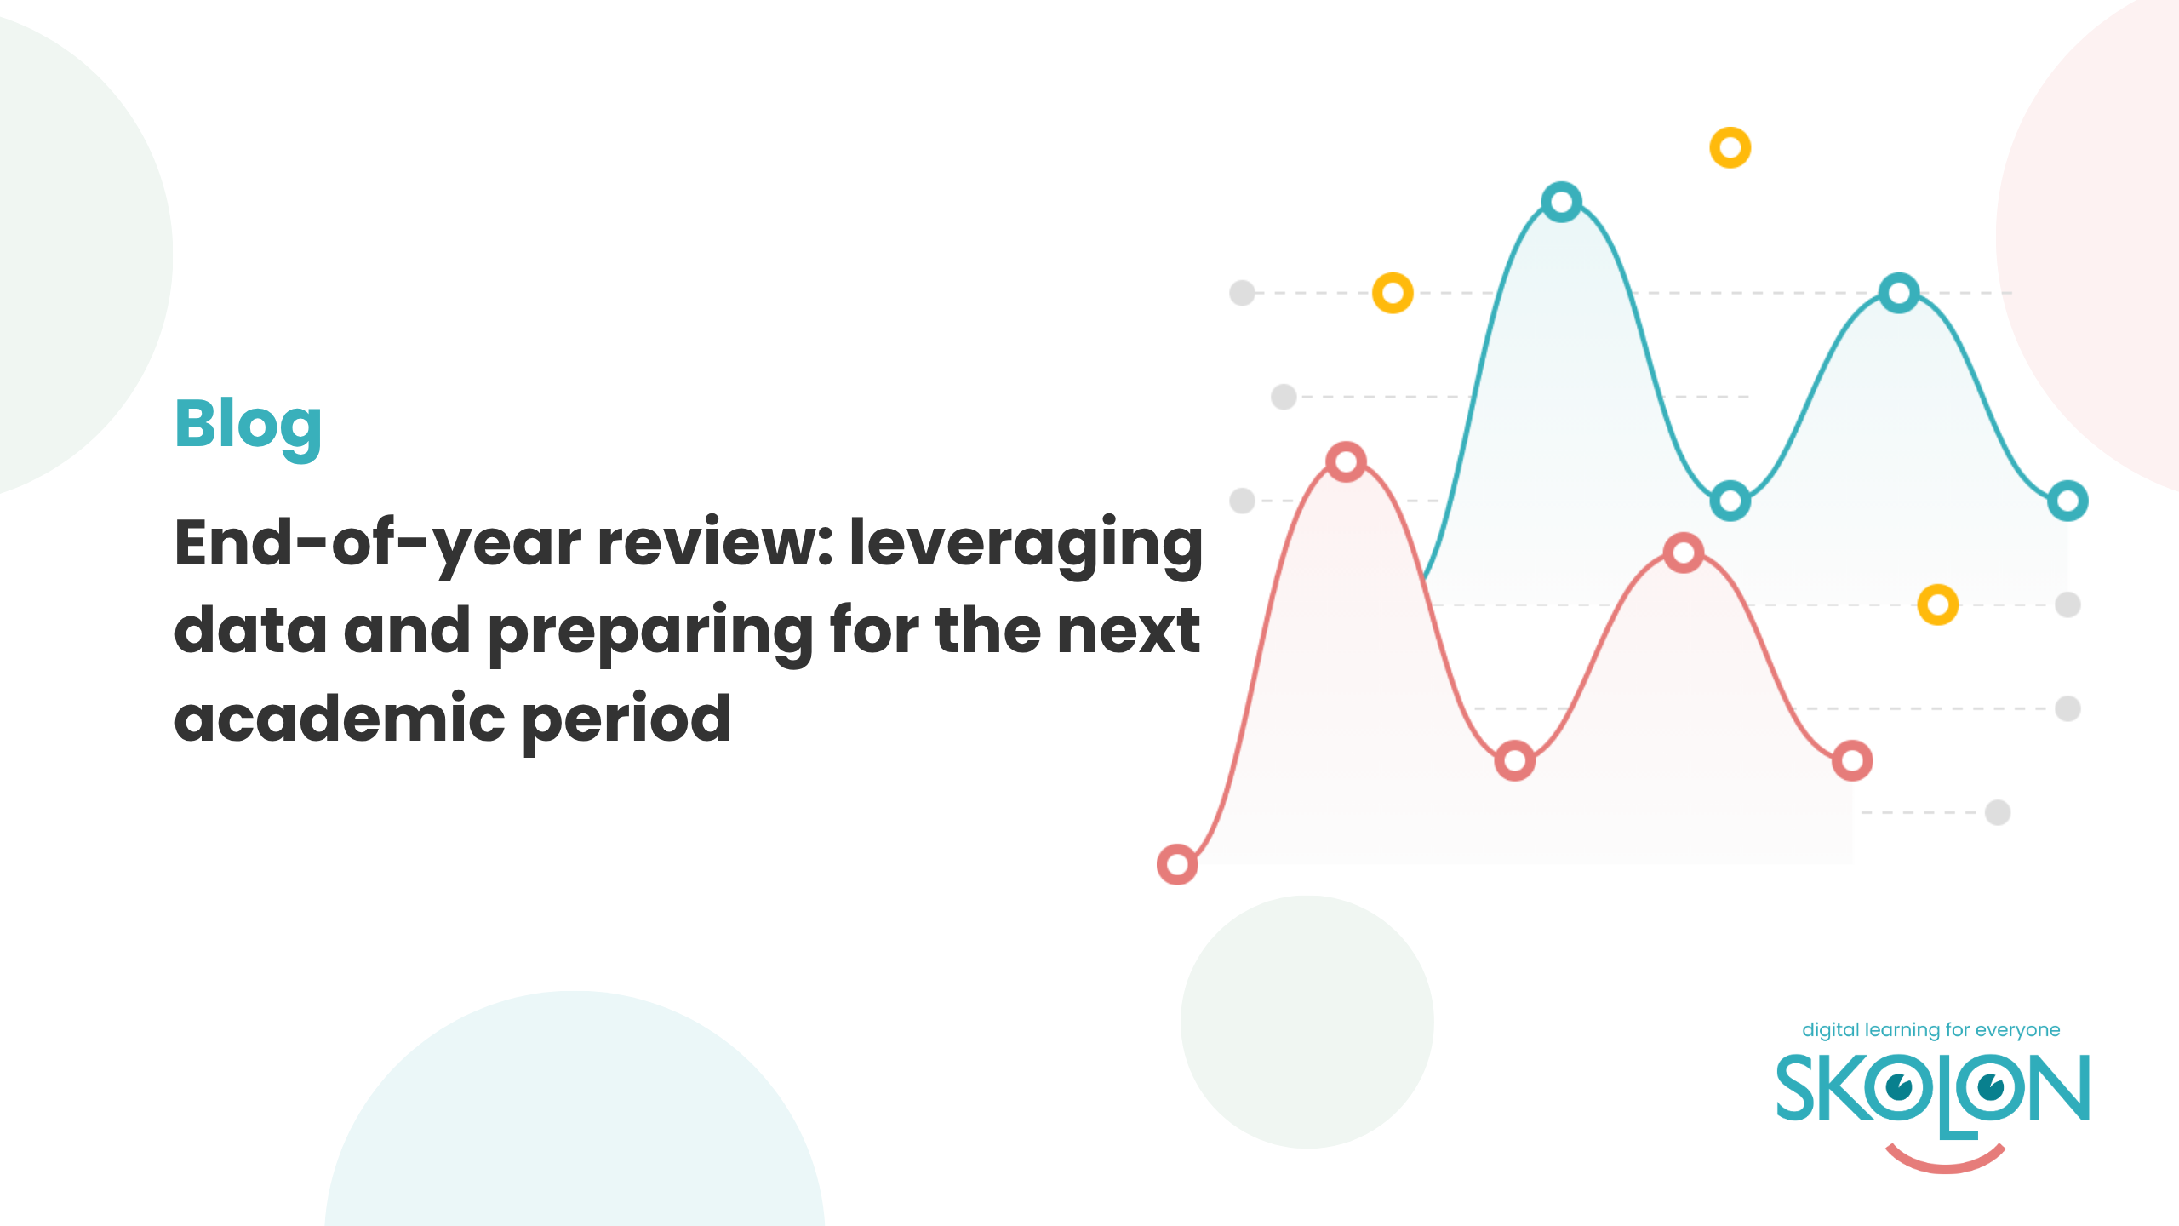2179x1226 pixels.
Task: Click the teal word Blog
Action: tap(248, 427)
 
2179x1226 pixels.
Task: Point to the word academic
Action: tap(340, 717)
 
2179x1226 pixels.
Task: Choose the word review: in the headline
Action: tap(715, 542)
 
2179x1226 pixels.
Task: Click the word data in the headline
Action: tap(250, 629)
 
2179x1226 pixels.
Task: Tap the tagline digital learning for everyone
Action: tap(1930, 1031)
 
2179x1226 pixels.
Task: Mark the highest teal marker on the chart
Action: tap(1562, 203)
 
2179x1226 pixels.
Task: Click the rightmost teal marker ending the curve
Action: tap(2067, 501)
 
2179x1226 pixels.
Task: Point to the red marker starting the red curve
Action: tap(1177, 865)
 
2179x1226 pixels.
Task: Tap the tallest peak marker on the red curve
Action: tap(1346, 462)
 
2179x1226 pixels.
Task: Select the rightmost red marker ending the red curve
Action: tap(1852, 760)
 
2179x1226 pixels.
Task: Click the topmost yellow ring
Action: tap(1730, 148)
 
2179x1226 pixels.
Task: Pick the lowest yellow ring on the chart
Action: tap(1938, 605)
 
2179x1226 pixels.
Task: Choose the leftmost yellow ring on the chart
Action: tap(1393, 293)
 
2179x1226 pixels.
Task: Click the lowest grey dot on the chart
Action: tap(1998, 813)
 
